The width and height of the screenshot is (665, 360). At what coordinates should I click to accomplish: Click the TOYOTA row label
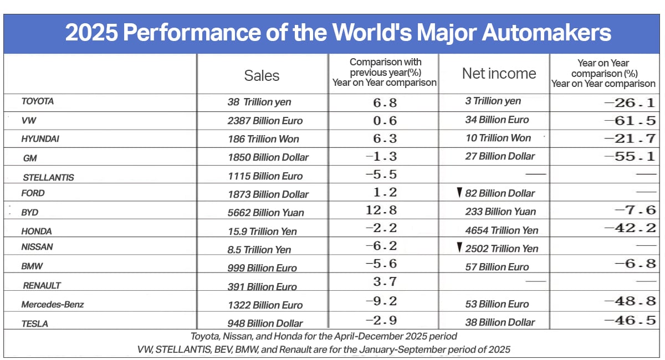(38, 101)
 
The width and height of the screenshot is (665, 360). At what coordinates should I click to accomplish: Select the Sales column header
(262, 75)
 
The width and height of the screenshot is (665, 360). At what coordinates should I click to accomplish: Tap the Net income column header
(499, 74)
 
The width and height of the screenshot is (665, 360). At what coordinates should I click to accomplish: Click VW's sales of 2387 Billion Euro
(265, 120)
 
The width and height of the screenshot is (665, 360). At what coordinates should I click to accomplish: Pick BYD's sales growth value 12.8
(382, 212)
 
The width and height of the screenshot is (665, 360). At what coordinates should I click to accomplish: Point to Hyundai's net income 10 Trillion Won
(498, 138)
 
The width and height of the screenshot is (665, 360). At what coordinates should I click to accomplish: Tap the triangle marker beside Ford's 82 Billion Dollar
(459, 193)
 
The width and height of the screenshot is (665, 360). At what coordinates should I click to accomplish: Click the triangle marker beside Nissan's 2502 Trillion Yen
(459, 248)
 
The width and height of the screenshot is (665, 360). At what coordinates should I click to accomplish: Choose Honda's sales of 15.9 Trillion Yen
(263, 232)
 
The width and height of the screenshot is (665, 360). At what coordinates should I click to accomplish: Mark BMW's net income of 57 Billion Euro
(497, 267)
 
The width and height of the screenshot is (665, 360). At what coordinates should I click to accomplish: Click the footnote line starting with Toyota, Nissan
(324, 336)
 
